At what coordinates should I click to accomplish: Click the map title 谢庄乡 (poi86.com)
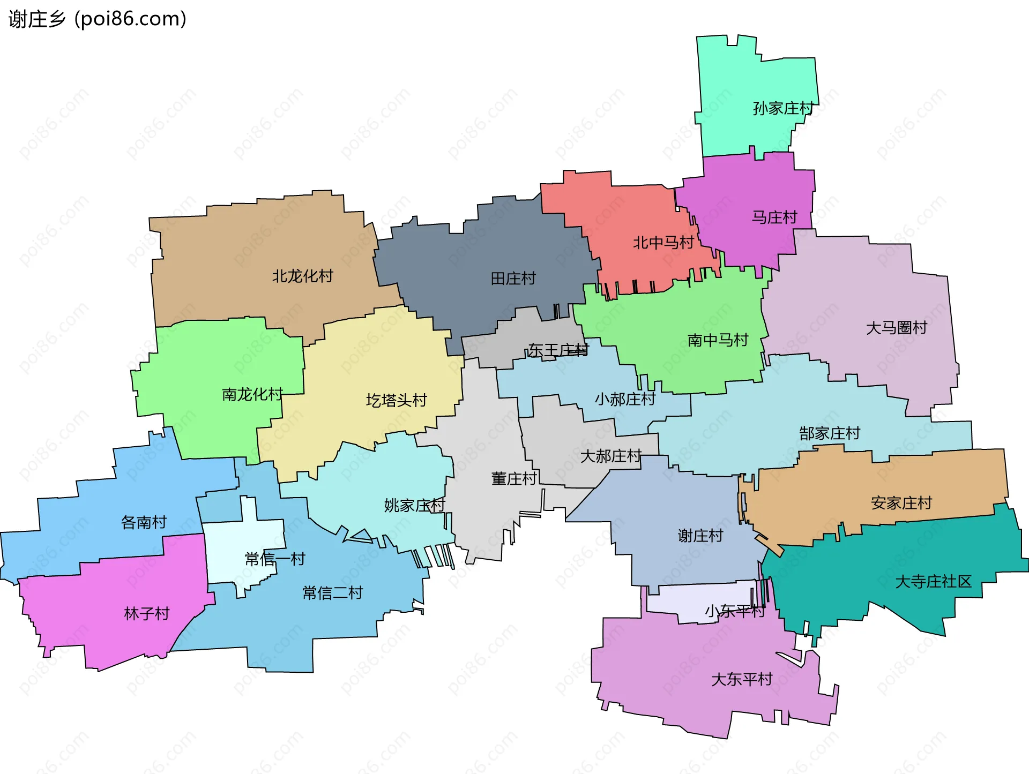click(x=98, y=19)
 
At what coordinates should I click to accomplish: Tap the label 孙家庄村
click(x=783, y=109)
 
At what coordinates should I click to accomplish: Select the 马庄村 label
click(x=774, y=217)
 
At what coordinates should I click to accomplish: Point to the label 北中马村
click(x=663, y=243)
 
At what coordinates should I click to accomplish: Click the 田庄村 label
click(x=513, y=279)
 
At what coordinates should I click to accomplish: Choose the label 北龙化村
click(x=303, y=276)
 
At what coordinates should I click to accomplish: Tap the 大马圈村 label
click(x=897, y=328)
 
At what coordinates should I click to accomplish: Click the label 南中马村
click(x=718, y=340)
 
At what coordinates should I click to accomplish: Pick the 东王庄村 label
click(x=558, y=350)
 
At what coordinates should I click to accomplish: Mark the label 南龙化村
click(x=252, y=395)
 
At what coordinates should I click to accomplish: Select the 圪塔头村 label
click(x=397, y=401)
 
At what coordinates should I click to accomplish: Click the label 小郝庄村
click(x=625, y=399)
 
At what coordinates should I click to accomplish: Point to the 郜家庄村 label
click(x=830, y=433)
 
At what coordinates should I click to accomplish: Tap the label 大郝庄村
click(x=611, y=456)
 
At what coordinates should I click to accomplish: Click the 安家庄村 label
click(x=901, y=503)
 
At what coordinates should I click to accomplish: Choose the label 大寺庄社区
click(x=933, y=582)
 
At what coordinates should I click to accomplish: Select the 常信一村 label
click(x=275, y=559)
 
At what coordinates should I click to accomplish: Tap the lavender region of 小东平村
click(x=697, y=603)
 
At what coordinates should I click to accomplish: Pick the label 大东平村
click(x=742, y=680)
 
